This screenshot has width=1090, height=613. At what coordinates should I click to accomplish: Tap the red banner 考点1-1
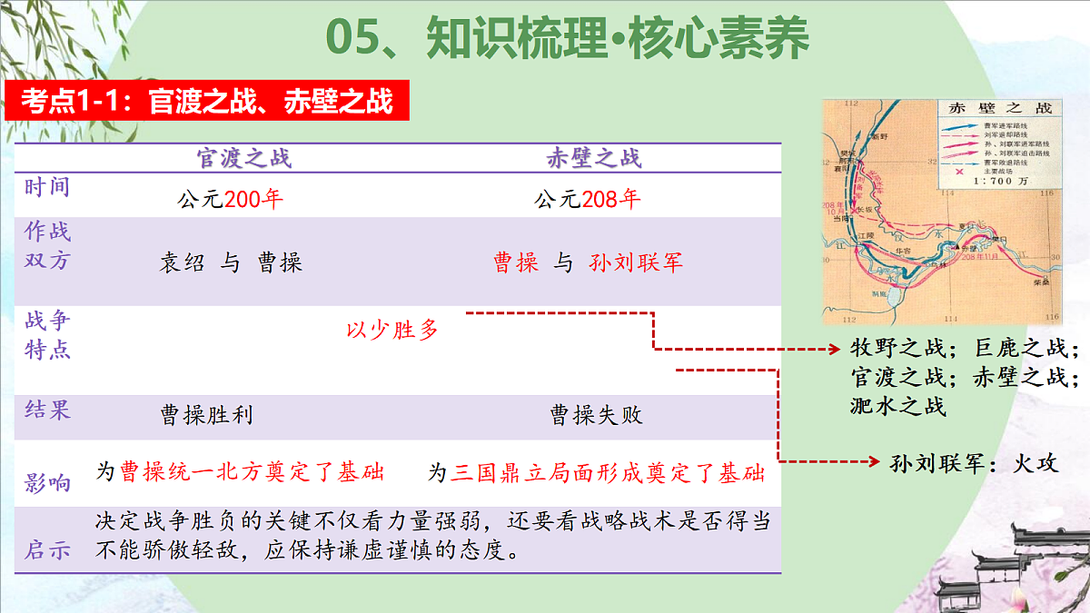[x=207, y=101]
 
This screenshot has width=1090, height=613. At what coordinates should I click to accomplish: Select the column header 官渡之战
[x=244, y=159]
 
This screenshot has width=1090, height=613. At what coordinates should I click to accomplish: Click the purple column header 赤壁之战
[x=594, y=159]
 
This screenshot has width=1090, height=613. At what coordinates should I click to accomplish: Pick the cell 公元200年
[x=231, y=199]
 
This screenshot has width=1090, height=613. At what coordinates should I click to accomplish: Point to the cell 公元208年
[x=588, y=199]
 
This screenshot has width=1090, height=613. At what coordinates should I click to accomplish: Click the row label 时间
[x=48, y=189]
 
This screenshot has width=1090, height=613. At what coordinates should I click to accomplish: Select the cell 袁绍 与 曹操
[x=231, y=263]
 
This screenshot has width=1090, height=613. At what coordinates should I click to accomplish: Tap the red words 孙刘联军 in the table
[x=636, y=263]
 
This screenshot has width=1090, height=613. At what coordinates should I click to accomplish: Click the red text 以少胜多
[x=392, y=330]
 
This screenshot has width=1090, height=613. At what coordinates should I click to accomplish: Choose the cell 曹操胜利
[x=206, y=416]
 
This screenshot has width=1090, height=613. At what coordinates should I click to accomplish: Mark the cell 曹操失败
[x=596, y=416]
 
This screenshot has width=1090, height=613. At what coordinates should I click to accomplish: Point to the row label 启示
[x=48, y=550]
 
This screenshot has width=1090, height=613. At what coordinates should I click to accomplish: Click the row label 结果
[x=48, y=410]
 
